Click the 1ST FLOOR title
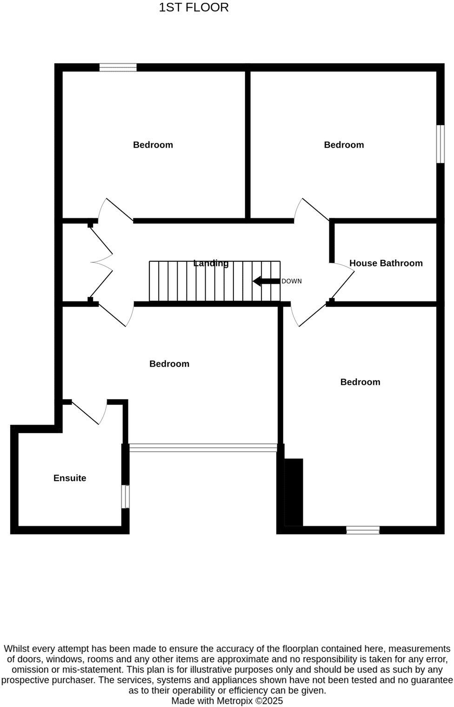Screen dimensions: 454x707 (x=194, y=7)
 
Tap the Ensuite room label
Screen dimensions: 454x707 (x=70, y=478)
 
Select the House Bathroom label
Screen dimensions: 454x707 (x=386, y=263)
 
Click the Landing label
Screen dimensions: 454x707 (x=211, y=263)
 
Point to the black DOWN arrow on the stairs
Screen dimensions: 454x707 (x=266, y=281)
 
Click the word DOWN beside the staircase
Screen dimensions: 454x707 (x=291, y=281)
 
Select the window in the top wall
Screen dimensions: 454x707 (x=118, y=67)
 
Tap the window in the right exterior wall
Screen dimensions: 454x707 (x=441, y=144)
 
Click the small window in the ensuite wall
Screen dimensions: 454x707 (x=125, y=496)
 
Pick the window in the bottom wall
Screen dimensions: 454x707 (x=363, y=530)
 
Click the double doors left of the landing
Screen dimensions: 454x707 (x=101, y=262)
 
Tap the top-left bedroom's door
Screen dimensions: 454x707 (x=115, y=210)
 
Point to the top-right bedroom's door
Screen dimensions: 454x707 (x=311, y=210)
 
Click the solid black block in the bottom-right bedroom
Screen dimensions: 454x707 (x=294, y=492)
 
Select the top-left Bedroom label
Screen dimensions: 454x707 (x=153, y=145)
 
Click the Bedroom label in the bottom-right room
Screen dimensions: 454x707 (x=360, y=382)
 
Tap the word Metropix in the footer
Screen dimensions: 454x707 (x=234, y=701)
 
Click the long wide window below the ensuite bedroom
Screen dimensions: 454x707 (x=203, y=447)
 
